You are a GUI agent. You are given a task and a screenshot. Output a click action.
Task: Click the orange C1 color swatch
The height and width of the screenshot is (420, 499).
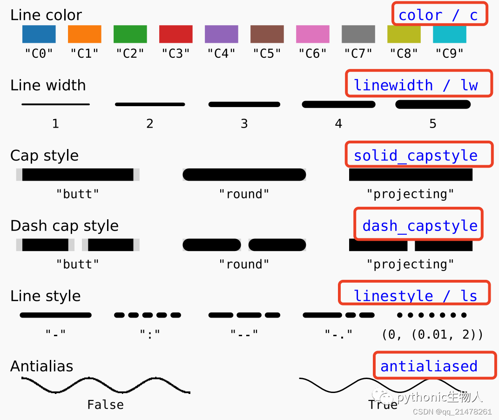(84, 34)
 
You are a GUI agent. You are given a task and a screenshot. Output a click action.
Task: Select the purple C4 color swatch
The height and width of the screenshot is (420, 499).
(221, 34)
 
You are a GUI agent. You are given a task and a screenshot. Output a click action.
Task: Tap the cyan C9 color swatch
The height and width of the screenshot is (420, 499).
(449, 34)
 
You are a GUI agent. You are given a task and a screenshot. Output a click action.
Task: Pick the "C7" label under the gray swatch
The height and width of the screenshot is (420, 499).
(358, 54)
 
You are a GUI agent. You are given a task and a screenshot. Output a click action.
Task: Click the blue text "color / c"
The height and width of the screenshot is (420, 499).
(438, 15)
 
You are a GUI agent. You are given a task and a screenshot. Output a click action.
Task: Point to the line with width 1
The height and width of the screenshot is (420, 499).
(55, 104)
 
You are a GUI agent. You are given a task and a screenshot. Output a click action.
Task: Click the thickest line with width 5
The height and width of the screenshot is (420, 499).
(433, 104)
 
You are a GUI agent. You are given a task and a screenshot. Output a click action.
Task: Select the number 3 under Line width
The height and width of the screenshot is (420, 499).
(244, 124)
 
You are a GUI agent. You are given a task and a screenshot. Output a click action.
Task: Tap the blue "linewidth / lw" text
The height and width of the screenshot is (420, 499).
(416, 85)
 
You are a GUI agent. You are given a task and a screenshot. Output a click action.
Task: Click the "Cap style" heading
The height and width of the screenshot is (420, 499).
(44, 156)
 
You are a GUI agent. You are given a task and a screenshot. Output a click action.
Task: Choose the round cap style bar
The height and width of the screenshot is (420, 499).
(244, 175)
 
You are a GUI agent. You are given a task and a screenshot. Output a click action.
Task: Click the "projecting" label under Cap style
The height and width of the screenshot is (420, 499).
(410, 194)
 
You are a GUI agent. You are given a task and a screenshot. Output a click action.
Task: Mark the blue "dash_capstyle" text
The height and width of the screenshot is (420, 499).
(420, 226)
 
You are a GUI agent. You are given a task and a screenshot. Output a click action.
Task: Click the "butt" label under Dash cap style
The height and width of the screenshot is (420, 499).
(77, 264)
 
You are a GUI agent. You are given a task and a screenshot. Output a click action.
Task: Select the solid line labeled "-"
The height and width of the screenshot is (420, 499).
(55, 315)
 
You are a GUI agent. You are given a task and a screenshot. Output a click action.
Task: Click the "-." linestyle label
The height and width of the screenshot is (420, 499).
(338, 334)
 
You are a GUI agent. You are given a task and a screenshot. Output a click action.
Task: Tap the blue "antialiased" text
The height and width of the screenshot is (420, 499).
(429, 366)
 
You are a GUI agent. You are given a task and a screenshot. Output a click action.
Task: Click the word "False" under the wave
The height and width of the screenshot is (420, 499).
(105, 405)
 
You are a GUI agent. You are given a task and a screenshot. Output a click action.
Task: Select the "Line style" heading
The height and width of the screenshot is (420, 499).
(45, 296)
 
